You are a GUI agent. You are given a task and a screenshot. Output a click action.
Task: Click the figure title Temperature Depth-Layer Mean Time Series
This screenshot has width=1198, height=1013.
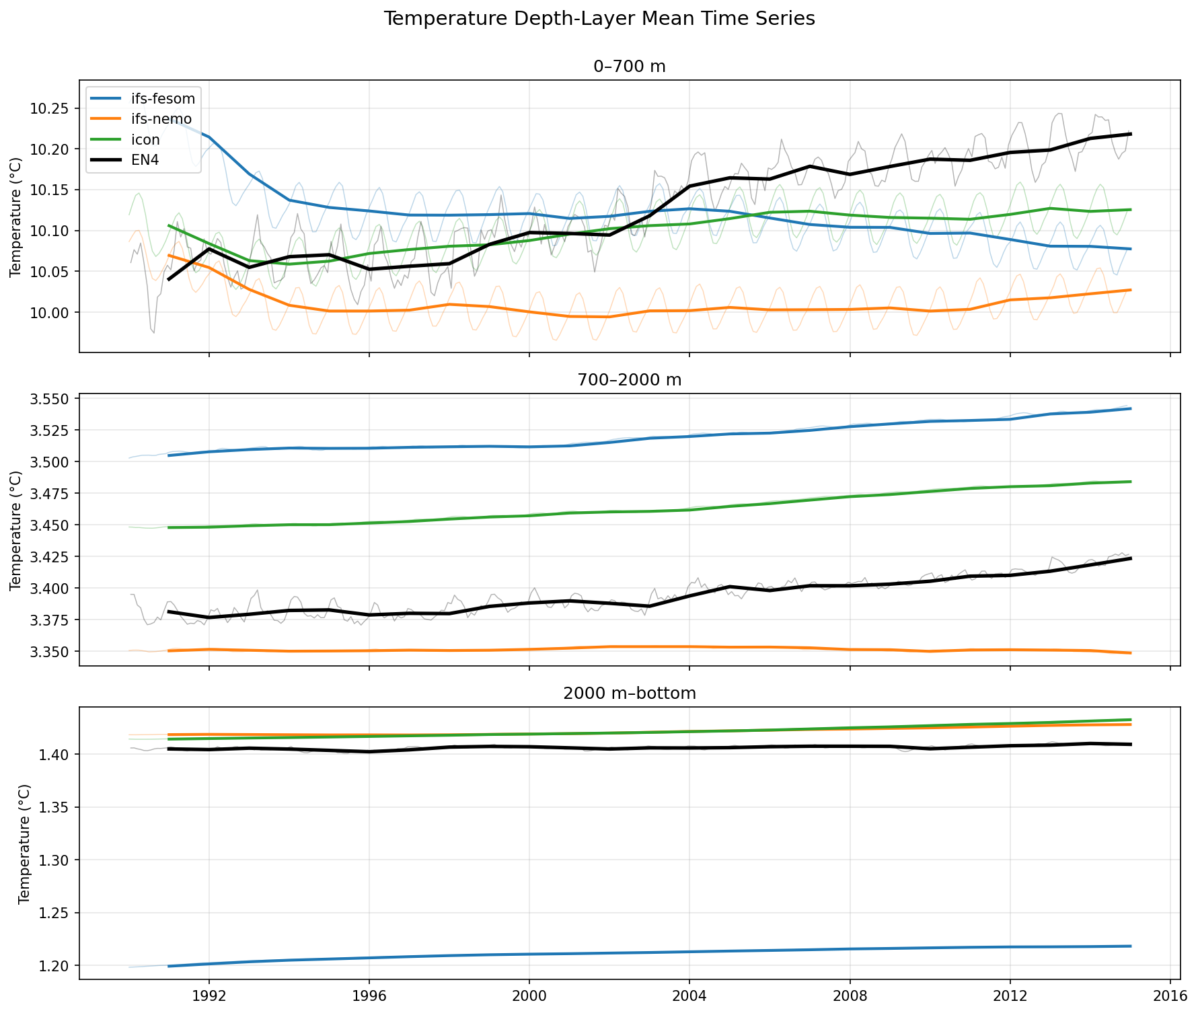tap(599, 19)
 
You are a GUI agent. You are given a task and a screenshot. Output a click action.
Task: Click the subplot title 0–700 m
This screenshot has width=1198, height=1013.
tap(630, 67)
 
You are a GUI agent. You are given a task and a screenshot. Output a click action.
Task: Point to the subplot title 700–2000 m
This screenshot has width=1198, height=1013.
tap(630, 380)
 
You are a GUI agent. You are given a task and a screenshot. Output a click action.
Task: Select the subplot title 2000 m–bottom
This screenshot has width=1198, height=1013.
tap(630, 693)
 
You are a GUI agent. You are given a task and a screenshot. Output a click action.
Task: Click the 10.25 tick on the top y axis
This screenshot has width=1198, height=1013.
tap(51, 108)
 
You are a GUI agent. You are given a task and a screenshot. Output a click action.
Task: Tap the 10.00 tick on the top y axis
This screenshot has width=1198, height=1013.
tap(51, 313)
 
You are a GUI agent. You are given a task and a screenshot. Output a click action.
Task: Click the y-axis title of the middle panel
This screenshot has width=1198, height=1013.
tap(16, 530)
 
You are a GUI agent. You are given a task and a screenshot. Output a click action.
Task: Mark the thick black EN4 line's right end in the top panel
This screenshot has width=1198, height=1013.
tap(1131, 134)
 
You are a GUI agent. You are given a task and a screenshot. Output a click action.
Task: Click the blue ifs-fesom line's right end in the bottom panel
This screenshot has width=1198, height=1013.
tap(1131, 946)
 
